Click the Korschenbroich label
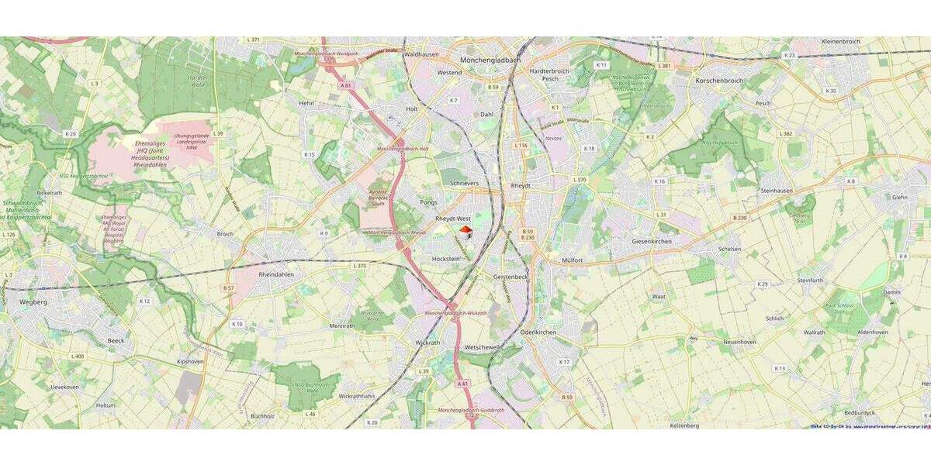click(719, 81)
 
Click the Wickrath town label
click(427, 342)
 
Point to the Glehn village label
click(899, 197)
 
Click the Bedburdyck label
click(859, 413)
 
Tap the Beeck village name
click(116, 340)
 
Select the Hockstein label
click(445, 258)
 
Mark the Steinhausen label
click(777, 190)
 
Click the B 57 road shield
click(229, 288)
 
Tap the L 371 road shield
click(253, 40)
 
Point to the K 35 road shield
click(831, 91)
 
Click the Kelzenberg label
click(684, 425)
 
